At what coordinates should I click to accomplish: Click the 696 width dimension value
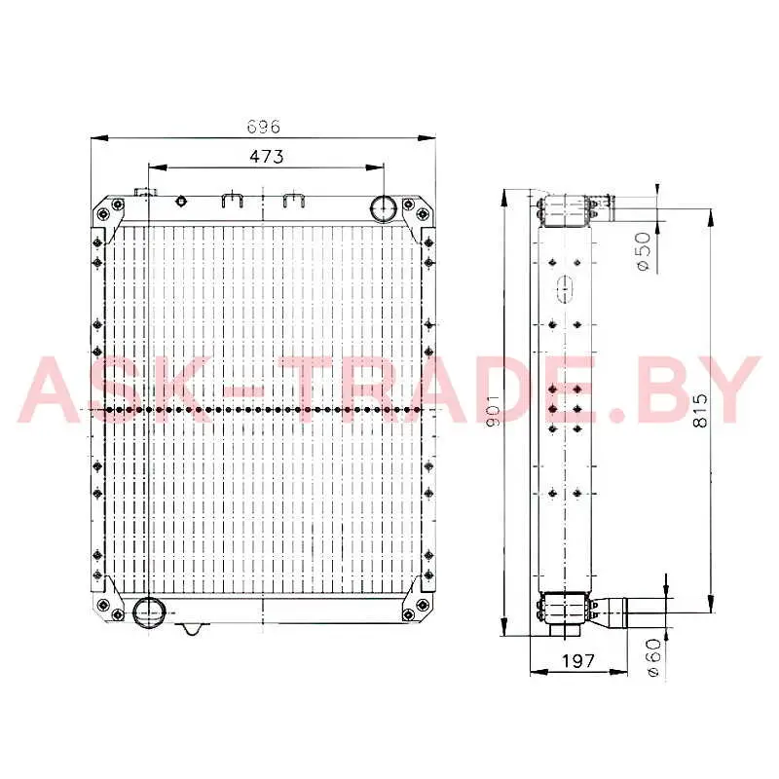coord(264,127)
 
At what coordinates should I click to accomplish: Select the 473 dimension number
coord(266,157)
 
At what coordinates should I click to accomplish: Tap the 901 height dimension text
coord(493,411)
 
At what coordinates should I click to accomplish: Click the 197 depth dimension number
coord(577,661)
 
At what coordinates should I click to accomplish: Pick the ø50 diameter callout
coord(643,251)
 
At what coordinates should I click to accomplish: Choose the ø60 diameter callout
coord(653,657)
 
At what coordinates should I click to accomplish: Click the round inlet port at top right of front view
coord(382,208)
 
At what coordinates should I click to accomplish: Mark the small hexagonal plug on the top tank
coord(181,202)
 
